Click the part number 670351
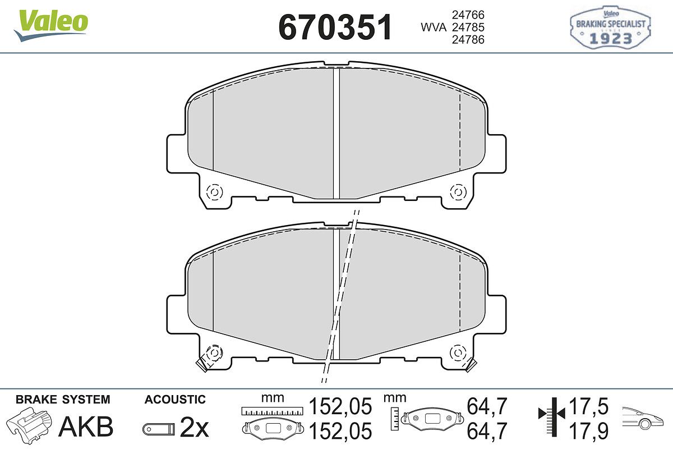[x=335, y=27]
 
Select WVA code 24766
[x=468, y=15]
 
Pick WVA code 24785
[x=468, y=27]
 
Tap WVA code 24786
[x=468, y=39]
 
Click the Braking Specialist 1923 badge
[x=611, y=27]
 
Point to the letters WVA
[x=434, y=28]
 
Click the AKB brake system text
[x=86, y=427]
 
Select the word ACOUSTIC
[x=175, y=400]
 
